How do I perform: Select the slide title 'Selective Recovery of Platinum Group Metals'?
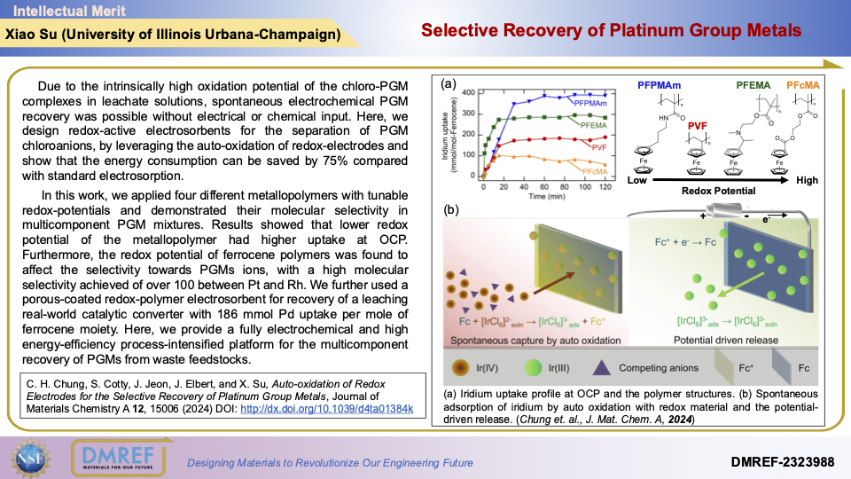click(611, 30)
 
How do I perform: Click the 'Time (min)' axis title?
click(544, 198)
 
